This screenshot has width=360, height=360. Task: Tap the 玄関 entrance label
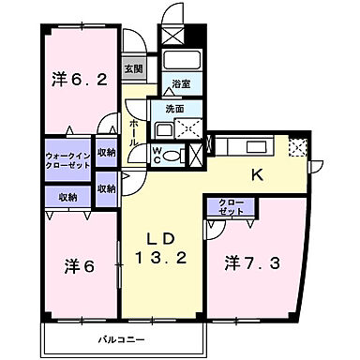133,69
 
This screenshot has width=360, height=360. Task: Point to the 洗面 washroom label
174,109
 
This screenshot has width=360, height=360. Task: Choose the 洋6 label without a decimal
77,264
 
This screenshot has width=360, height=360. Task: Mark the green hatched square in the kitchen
299,147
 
